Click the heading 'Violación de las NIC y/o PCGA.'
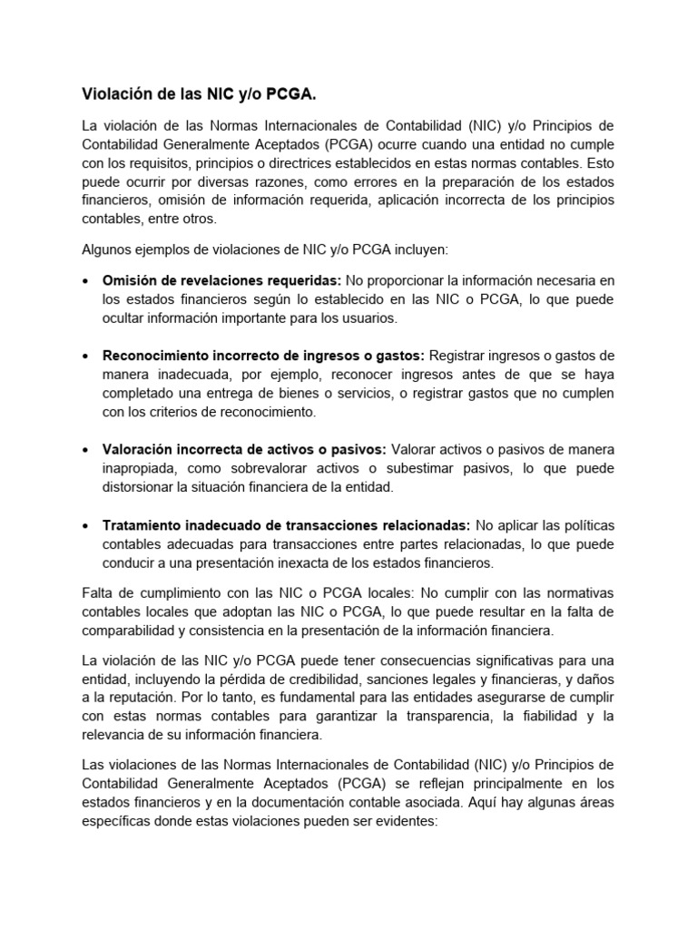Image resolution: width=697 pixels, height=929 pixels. click(x=199, y=93)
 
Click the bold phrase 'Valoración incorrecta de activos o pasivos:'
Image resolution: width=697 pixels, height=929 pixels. click(x=245, y=449)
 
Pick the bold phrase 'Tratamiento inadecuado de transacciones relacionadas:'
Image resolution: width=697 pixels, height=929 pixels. click(x=286, y=525)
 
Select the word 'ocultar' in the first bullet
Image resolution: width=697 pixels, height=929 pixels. click(x=126, y=320)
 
